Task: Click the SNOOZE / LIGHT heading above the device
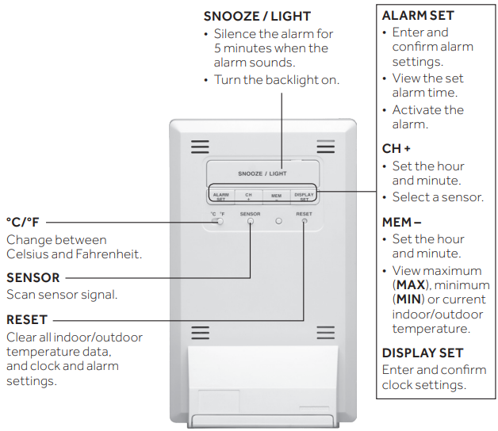click(x=257, y=16)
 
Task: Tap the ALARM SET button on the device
click(x=220, y=196)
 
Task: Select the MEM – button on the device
click(x=276, y=196)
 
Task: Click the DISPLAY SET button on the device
click(x=304, y=196)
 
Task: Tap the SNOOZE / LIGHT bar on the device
click(x=262, y=173)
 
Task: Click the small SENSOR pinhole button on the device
click(x=250, y=223)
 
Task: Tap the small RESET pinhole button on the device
click(x=305, y=223)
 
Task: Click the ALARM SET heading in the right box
click(x=417, y=16)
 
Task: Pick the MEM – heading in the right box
click(x=401, y=223)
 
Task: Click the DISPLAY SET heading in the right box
click(x=422, y=353)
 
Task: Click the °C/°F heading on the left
click(x=23, y=223)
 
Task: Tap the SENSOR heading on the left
click(x=33, y=278)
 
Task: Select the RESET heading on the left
click(x=27, y=320)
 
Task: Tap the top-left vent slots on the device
click(x=200, y=147)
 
